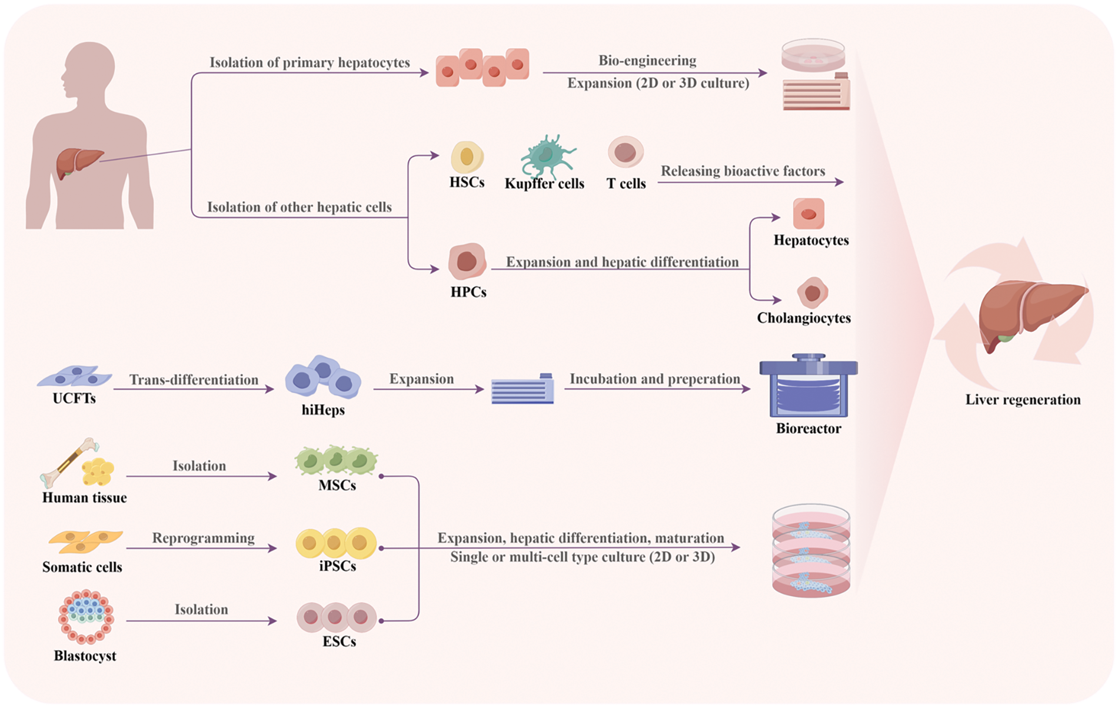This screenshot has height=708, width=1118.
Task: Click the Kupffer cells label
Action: click(544, 184)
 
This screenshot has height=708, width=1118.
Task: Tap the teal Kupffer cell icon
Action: click(546, 155)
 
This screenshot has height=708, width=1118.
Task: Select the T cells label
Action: click(626, 184)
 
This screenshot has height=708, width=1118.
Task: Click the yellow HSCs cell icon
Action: click(467, 157)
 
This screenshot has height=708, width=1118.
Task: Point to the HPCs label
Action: click(468, 292)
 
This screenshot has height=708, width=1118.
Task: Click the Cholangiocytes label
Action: click(804, 318)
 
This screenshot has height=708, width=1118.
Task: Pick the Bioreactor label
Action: click(808, 428)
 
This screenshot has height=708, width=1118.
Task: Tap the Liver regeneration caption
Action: click(1023, 400)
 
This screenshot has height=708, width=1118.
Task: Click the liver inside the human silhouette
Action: click(78, 162)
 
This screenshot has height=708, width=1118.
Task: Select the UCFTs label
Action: click(74, 398)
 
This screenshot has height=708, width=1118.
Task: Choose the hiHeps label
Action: click(323, 410)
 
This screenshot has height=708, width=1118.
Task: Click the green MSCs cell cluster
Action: click(336, 460)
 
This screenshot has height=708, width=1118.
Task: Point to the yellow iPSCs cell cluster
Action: click(335, 543)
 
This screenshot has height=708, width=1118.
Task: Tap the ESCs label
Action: click(339, 641)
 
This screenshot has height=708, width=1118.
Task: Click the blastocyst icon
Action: click(86, 617)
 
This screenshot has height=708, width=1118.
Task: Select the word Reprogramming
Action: click(203, 538)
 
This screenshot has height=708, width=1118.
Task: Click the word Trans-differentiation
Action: click(194, 380)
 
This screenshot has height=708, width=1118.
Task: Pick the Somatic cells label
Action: click(82, 567)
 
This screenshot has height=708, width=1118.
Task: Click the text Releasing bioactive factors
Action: click(743, 171)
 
